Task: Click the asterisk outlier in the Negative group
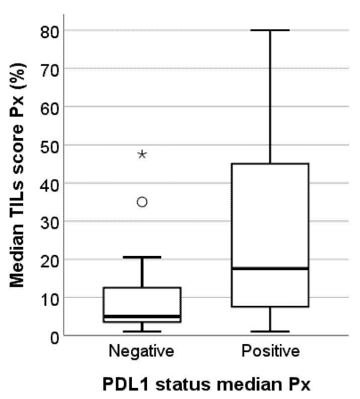pyautogui.click(x=142, y=154)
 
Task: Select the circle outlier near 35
pyautogui.click(x=142, y=202)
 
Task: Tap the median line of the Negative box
pyautogui.click(x=142, y=316)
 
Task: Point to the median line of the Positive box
pyautogui.click(x=270, y=269)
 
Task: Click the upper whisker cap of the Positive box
pyautogui.click(x=270, y=30)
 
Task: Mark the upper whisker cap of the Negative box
pyautogui.click(x=142, y=257)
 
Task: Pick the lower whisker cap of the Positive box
pyautogui.click(x=270, y=331)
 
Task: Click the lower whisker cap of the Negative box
pyautogui.click(x=142, y=331)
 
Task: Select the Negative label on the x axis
pyautogui.click(x=141, y=351)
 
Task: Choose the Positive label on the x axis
pyautogui.click(x=270, y=351)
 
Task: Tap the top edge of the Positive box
pyautogui.click(x=270, y=164)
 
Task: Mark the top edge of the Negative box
pyautogui.click(x=142, y=288)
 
